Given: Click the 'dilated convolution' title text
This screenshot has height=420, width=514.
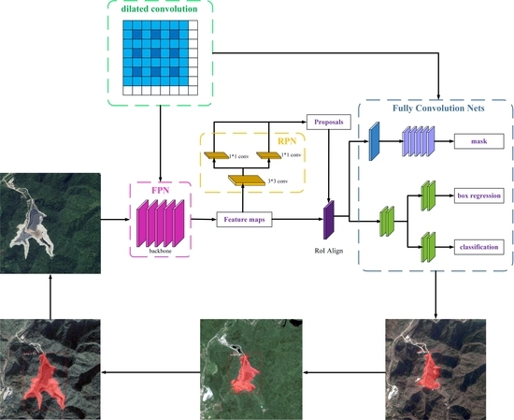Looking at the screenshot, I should (162, 10).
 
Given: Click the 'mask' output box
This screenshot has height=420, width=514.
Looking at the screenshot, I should (479, 142).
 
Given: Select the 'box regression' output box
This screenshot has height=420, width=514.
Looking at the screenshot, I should (479, 196).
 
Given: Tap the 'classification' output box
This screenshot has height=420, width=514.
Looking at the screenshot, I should (479, 247).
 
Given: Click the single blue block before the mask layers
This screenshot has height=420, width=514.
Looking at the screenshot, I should (372, 142).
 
